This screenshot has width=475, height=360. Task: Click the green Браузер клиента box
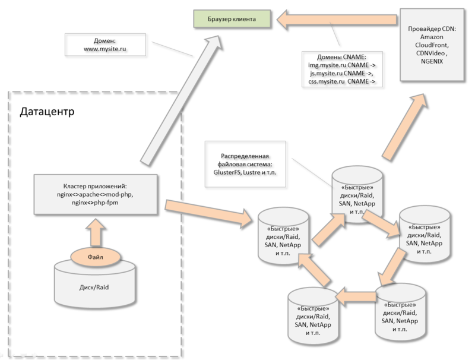[x=232, y=19]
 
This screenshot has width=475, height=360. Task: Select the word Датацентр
[x=47, y=112]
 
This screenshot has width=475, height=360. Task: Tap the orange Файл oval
[x=95, y=257]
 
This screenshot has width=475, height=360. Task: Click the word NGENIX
[x=432, y=61]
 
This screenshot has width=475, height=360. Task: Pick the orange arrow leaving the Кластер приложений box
[x=208, y=211]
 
